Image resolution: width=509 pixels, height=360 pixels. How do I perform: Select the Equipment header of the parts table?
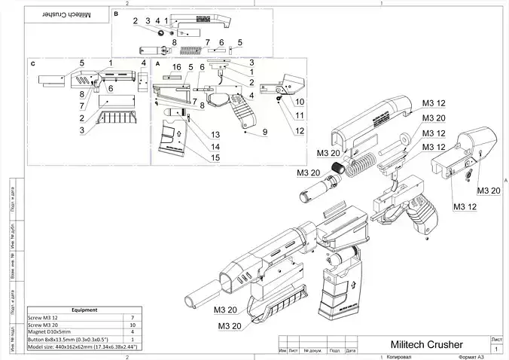82,310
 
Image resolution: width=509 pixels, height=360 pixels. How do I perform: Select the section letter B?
115,14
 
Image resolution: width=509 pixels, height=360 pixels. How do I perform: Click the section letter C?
34,64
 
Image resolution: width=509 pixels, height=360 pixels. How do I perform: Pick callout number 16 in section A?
177,68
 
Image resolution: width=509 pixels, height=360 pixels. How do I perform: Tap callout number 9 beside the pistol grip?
265,132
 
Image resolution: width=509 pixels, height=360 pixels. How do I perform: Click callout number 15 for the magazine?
215,157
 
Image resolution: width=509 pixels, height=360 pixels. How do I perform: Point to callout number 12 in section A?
300,131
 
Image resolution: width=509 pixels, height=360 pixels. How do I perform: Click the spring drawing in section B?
194,50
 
